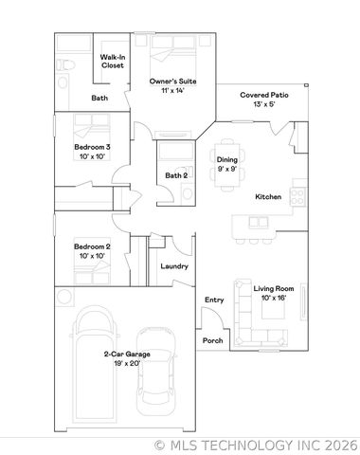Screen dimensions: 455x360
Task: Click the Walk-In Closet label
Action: (114, 63)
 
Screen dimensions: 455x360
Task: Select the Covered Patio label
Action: (263, 100)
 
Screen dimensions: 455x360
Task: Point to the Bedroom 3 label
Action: (93, 152)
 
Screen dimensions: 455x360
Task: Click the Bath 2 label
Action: (176, 175)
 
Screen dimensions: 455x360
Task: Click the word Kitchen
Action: (269, 196)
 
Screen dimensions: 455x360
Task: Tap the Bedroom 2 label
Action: (93, 251)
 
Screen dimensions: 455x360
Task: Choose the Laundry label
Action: (173, 266)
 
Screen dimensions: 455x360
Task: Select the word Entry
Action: (214, 300)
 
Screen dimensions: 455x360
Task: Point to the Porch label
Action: (212, 341)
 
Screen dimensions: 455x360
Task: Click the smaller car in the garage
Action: (155, 372)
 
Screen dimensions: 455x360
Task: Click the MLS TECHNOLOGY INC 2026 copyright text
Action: (255, 444)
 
